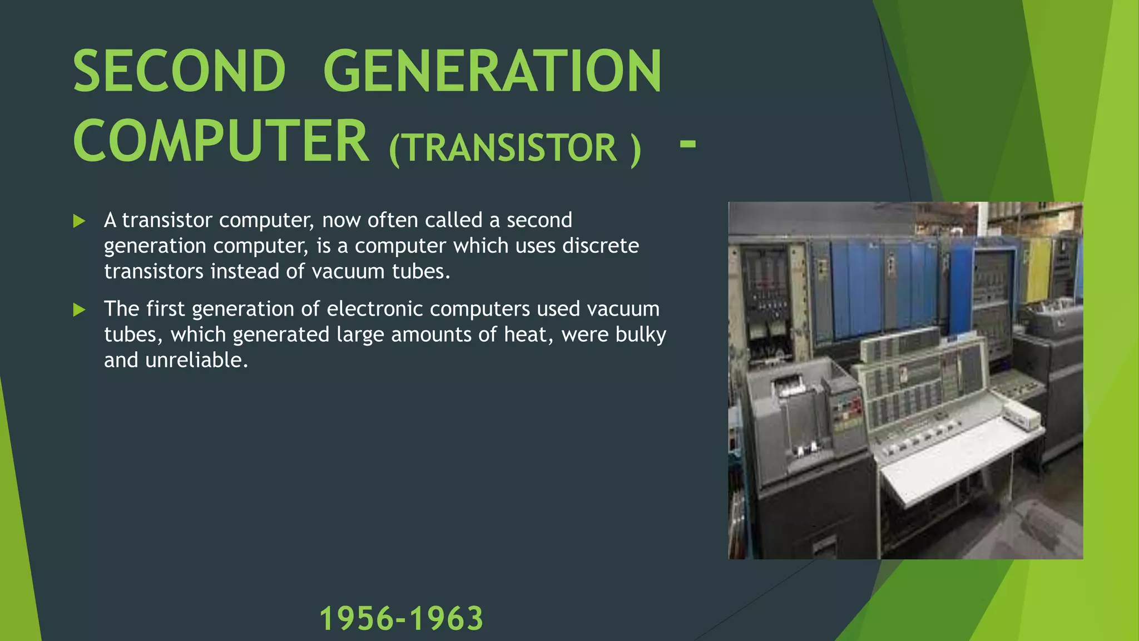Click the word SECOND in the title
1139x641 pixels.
tap(179, 71)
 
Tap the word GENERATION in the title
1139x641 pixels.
tap(492, 71)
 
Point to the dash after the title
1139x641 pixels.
tap(687, 144)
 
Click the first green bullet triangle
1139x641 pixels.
tap(79, 221)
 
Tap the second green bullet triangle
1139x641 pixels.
tap(79, 310)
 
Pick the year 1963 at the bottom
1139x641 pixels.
tap(447, 619)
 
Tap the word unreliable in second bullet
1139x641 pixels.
tap(196, 361)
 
